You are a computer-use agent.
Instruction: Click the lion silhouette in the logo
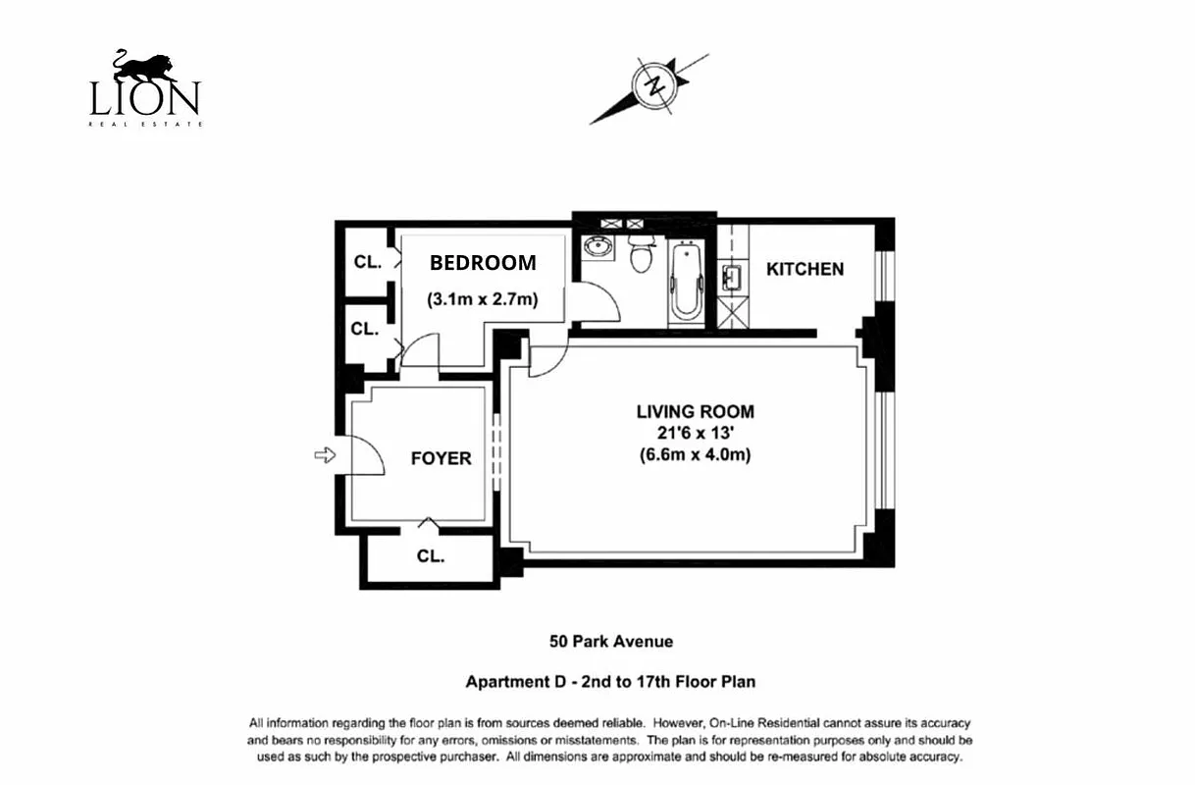click(x=145, y=67)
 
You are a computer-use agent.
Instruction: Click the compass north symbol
click(x=653, y=85)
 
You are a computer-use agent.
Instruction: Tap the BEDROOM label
click(x=483, y=263)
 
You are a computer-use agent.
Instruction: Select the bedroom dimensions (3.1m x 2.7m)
click(x=482, y=299)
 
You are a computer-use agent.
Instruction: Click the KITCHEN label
click(x=805, y=269)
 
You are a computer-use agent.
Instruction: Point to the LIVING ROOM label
click(x=695, y=412)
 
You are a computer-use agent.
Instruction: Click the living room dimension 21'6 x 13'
click(x=695, y=433)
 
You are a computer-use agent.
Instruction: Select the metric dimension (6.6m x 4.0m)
click(x=695, y=454)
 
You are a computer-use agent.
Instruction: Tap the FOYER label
click(x=441, y=458)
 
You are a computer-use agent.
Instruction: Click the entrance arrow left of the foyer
click(x=325, y=454)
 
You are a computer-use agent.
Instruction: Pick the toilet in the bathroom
click(x=643, y=255)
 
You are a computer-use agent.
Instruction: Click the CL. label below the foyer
click(x=430, y=555)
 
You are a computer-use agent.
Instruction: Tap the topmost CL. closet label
click(x=368, y=262)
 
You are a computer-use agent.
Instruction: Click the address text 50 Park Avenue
click(x=610, y=642)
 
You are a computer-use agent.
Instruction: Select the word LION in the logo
click(x=145, y=99)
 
